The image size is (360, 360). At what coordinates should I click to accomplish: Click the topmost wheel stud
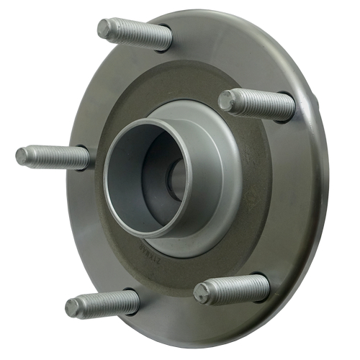click(x=135, y=34)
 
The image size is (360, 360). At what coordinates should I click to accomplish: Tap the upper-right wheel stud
click(x=258, y=103)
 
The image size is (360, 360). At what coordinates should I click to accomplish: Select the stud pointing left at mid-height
click(x=54, y=157)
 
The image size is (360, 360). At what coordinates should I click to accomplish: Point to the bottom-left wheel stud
click(x=101, y=305)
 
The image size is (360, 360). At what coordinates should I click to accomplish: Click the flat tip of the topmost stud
click(x=104, y=27)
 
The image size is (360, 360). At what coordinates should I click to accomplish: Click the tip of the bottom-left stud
click(x=71, y=308)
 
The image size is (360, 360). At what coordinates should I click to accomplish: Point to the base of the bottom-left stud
click(x=133, y=302)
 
